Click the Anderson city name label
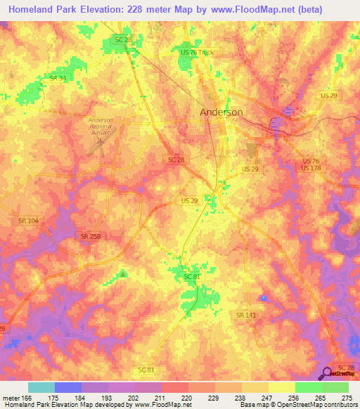(221, 112)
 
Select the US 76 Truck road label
(196, 53)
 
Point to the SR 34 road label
(58, 78)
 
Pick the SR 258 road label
(90, 237)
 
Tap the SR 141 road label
(246, 316)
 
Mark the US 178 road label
(310, 168)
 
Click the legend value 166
(27, 398)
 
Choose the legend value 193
(107, 398)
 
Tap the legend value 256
(294, 398)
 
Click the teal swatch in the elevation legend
(41, 387)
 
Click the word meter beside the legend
(11, 398)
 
